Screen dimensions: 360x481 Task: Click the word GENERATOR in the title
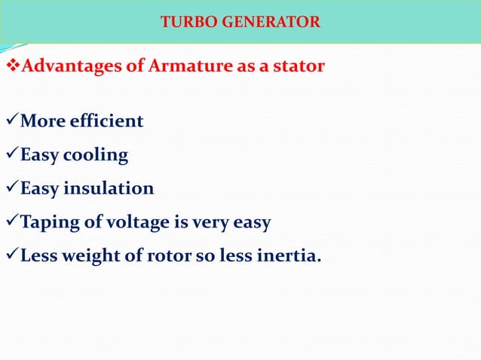[271, 22]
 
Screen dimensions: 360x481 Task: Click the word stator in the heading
[297, 66]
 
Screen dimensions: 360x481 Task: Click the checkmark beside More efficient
[11, 121]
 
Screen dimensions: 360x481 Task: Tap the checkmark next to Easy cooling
[11, 155]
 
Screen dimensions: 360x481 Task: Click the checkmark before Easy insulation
[11, 188]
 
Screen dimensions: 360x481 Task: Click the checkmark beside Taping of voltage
[11, 223]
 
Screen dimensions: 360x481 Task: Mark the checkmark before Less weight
[11, 257]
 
